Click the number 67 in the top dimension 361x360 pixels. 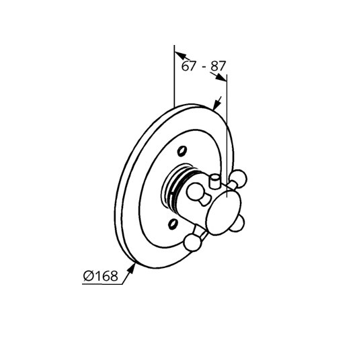click(x=188, y=66)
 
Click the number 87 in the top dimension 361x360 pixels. click(x=217, y=66)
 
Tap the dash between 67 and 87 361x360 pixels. click(x=204, y=67)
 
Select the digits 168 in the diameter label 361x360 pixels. click(x=106, y=276)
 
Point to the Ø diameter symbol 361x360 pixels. click(x=89, y=276)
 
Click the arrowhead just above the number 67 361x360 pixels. click(x=180, y=55)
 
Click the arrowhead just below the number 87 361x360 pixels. click(x=220, y=77)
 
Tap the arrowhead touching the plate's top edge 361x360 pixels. click(x=216, y=105)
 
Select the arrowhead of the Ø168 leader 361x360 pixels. click(x=131, y=269)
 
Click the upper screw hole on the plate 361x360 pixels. click(x=182, y=151)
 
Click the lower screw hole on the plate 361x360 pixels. click(x=173, y=224)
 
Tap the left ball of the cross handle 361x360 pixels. click(x=195, y=191)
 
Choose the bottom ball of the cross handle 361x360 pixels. click(x=192, y=242)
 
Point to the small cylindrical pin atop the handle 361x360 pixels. click(x=214, y=182)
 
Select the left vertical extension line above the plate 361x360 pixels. click(x=174, y=76)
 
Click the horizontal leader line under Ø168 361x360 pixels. click(x=102, y=284)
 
